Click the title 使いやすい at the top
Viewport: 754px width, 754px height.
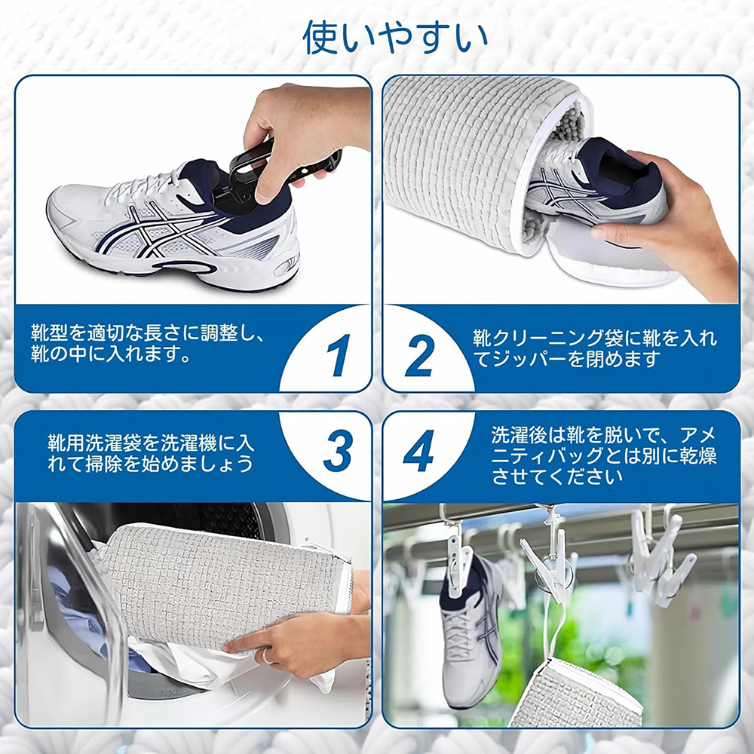click(x=395, y=38)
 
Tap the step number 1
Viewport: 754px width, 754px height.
click(x=339, y=355)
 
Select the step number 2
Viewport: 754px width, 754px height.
click(x=419, y=355)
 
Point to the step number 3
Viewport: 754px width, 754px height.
click(x=338, y=450)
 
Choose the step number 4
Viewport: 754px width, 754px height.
click(x=418, y=450)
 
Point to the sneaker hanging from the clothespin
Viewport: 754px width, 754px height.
click(x=469, y=630)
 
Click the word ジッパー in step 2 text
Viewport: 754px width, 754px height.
click(x=529, y=359)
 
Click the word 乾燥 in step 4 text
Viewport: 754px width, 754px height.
click(x=697, y=457)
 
